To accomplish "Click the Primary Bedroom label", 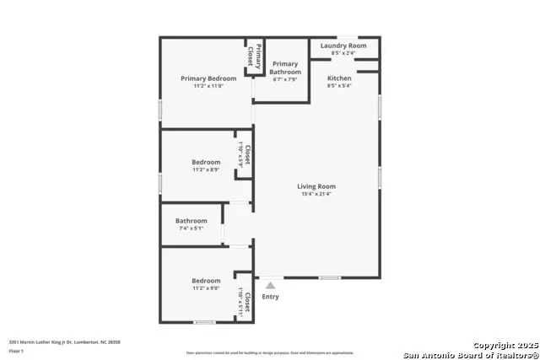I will click(x=208, y=78).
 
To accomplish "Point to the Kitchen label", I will click(x=339, y=78).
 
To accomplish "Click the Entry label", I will click(x=270, y=297).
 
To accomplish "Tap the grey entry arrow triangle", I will click(x=270, y=286).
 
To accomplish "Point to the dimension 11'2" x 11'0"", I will click(x=208, y=86).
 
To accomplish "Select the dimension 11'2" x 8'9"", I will click(x=206, y=169).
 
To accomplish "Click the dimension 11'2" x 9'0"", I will click(x=206, y=288).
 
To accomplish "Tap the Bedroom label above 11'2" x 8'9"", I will click(x=206, y=162).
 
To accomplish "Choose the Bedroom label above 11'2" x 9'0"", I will click(x=206, y=281).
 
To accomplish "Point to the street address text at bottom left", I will click(x=65, y=341).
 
